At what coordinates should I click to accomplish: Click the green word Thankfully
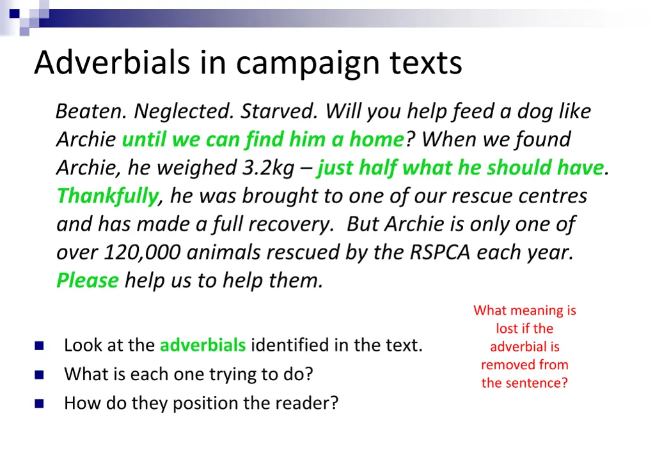click(107, 196)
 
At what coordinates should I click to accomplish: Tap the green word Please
click(88, 280)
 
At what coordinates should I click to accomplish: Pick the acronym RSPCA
click(439, 252)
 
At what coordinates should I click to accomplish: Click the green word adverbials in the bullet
click(202, 346)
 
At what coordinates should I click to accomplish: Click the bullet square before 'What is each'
click(39, 375)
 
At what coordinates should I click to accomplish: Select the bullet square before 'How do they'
click(39, 404)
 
